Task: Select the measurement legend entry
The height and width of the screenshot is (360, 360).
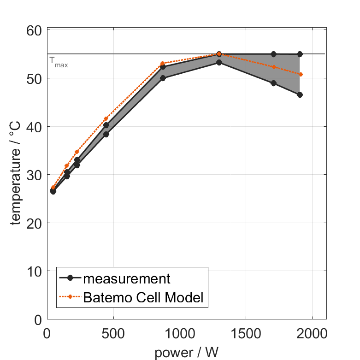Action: (x=126, y=278)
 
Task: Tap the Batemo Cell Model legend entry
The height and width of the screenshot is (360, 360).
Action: (x=143, y=297)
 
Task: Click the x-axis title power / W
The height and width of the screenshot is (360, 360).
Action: (x=186, y=353)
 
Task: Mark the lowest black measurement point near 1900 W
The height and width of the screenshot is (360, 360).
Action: (x=300, y=94)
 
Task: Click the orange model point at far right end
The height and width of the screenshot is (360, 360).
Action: (x=301, y=74)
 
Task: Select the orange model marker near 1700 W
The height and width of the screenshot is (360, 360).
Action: (x=274, y=67)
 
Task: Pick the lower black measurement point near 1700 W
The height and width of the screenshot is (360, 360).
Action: (x=273, y=83)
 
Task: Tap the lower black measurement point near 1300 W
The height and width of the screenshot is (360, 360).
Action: (x=219, y=62)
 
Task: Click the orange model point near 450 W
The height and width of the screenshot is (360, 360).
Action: (x=106, y=118)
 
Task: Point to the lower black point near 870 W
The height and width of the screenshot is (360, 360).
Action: (x=163, y=78)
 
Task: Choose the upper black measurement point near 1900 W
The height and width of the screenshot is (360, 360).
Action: (x=300, y=54)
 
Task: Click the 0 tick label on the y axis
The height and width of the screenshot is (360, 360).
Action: (x=38, y=319)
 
